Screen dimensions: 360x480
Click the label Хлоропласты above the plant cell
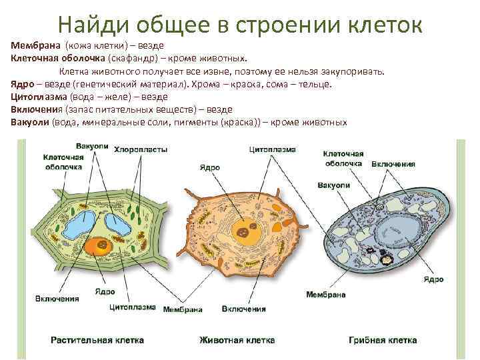pos(140,149)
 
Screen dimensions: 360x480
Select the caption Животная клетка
pos(237,340)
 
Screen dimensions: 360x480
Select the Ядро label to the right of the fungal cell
pos(433,279)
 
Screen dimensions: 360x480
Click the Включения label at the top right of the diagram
pos(393,164)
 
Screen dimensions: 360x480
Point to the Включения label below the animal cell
pos(243,309)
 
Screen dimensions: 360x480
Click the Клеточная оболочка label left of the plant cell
pos(63,162)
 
